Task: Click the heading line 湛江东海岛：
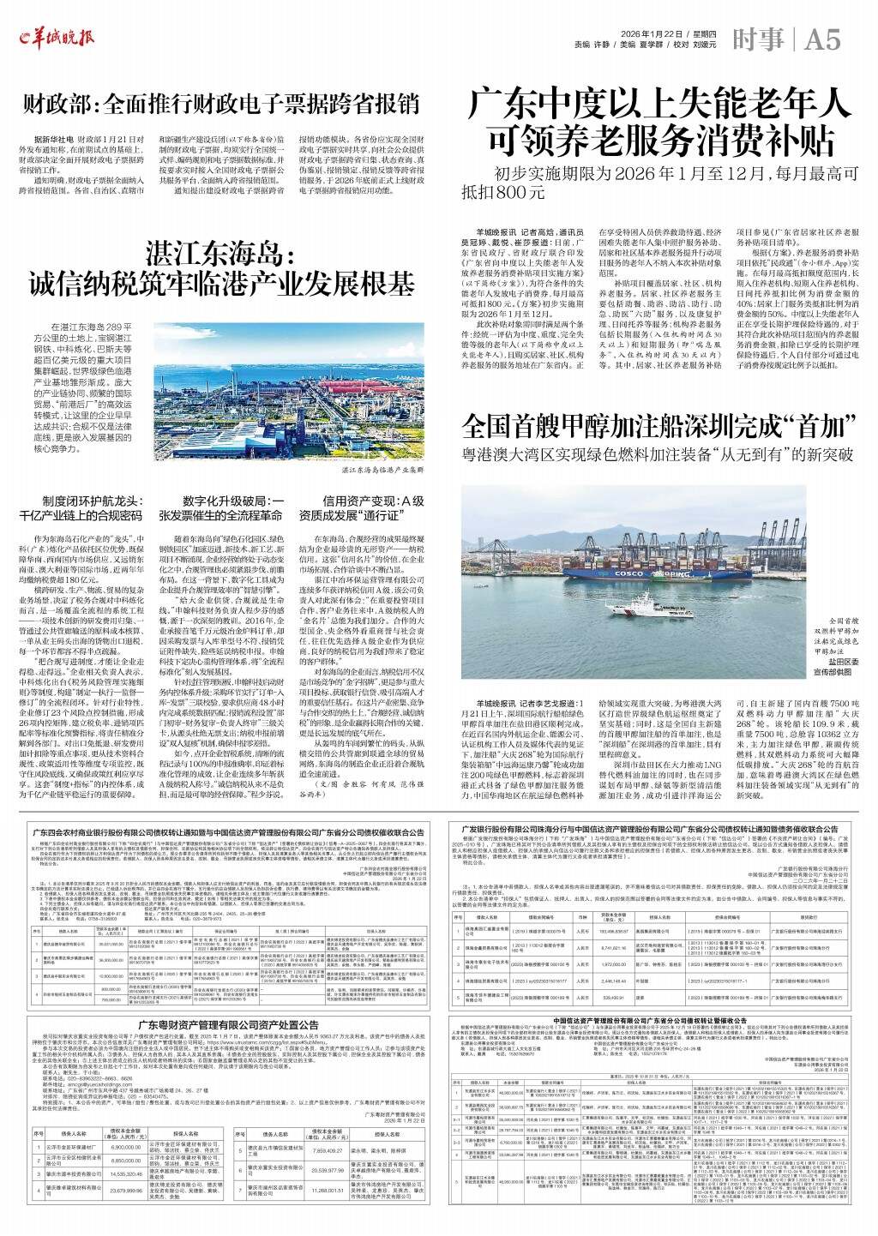(x=220, y=255)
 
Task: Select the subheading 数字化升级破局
(x=233, y=501)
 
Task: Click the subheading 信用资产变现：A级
(x=373, y=501)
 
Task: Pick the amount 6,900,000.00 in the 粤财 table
(x=126, y=1146)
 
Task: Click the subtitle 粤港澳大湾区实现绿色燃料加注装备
(x=658, y=453)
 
